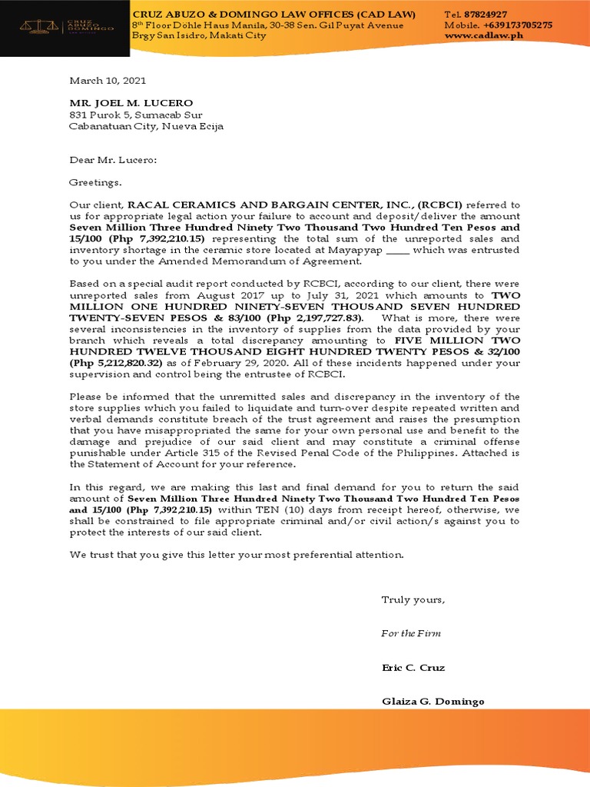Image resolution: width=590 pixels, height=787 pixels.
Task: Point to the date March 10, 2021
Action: (108, 81)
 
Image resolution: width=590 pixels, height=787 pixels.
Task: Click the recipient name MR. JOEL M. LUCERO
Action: (131, 103)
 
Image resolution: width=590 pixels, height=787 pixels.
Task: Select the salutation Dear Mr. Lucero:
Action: (113, 160)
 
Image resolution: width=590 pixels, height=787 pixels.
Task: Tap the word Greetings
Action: (95, 183)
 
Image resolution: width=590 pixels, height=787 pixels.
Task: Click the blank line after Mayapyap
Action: (397, 250)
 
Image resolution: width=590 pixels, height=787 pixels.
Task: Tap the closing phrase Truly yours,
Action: (413, 600)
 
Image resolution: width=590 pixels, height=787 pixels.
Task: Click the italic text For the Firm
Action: (411, 633)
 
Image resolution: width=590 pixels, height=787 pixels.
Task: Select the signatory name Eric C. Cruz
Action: (413, 667)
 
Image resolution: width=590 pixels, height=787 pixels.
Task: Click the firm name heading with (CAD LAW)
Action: (274, 15)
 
